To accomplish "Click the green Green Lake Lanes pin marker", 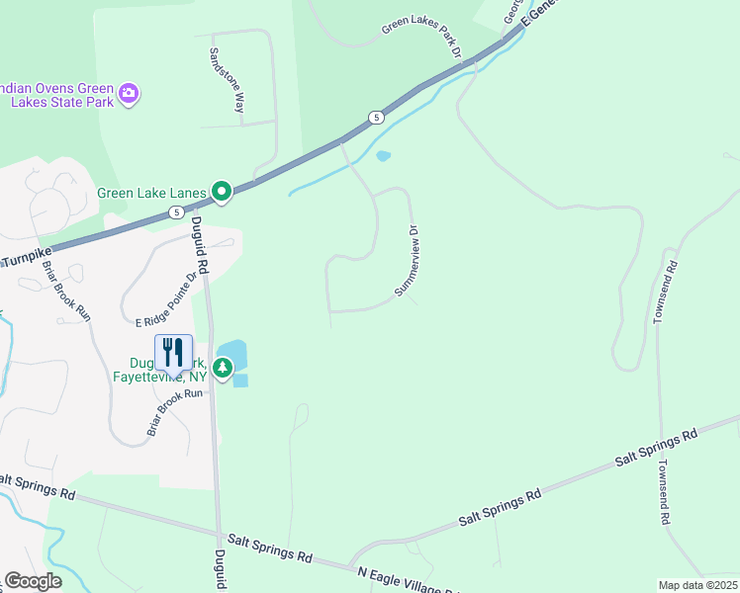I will tap(223, 192).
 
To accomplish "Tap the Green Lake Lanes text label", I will tap(150, 193).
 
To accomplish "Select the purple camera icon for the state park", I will tap(128, 94).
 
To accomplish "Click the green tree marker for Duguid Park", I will tap(224, 369).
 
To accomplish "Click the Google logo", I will tap(33, 581).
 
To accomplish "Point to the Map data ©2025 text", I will tap(697, 585).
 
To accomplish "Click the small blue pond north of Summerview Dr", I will tap(384, 155).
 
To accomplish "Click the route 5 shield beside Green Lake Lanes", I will tap(175, 212).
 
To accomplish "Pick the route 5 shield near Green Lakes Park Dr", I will tap(376, 118).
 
